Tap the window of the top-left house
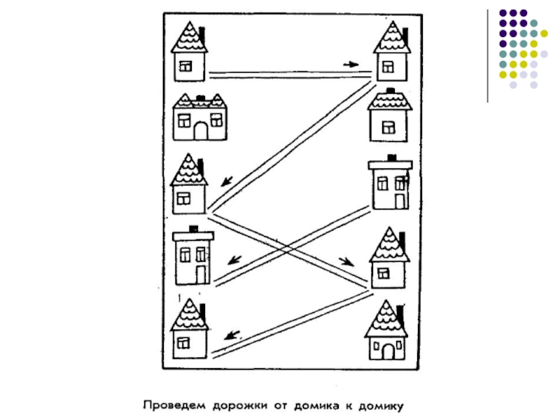coord(185,66)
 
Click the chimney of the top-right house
coord(405,34)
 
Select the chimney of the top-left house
coord(202,33)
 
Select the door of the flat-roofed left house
coord(202,274)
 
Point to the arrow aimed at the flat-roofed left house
coord(234,259)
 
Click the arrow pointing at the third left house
coord(225,181)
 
